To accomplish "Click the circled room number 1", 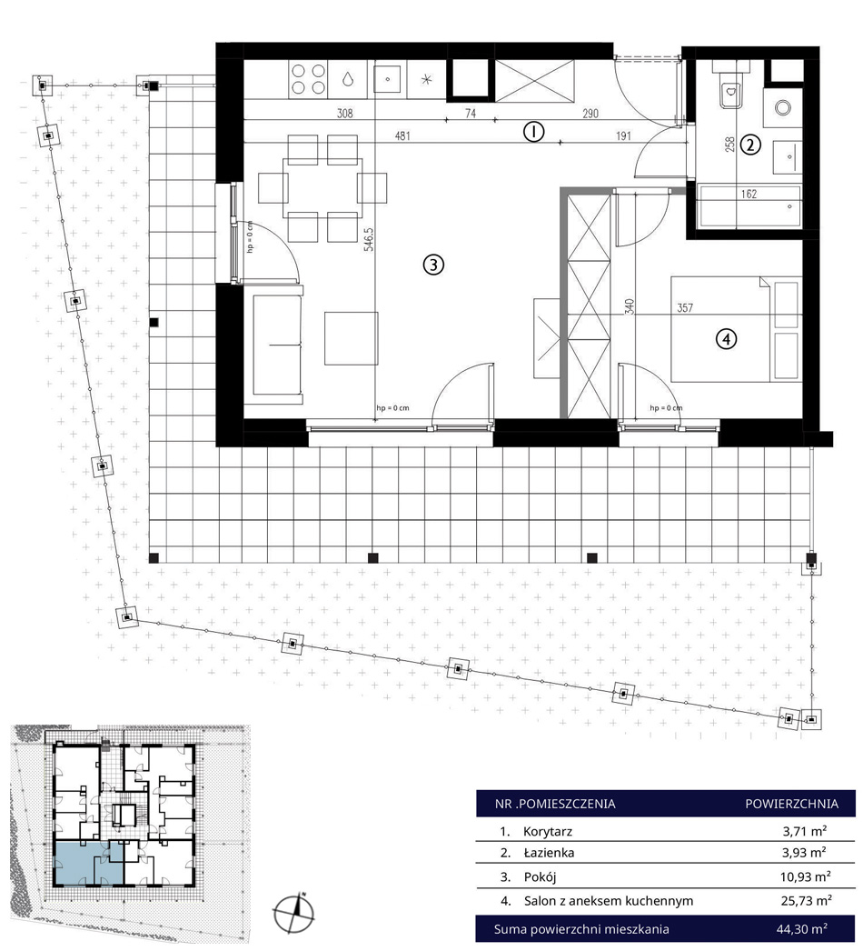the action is (x=533, y=131).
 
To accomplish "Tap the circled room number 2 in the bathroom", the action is (x=750, y=145).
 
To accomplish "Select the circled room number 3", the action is (x=433, y=265).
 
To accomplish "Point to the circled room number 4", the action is (x=726, y=339).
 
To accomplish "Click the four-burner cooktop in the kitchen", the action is (x=309, y=79).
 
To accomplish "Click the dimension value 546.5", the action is (x=369, y=239).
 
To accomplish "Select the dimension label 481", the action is (x=402, y=135).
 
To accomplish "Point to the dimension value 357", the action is (x=685, y=308).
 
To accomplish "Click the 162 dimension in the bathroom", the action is (x=749, y=194).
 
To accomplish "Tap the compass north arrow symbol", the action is (x=294, y=913).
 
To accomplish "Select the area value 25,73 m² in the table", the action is (x=806, y=901).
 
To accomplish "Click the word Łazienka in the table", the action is (x=549, y=853).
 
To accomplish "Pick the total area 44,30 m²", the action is (x=802, y=928).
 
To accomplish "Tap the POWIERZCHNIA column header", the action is (x=791, y=805).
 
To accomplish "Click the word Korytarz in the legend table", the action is (x=548, y=832).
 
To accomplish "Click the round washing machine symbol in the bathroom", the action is (x=783, y=108).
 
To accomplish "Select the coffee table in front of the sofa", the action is (x=352, y=338).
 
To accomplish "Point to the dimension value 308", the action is (x=345, y=113).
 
